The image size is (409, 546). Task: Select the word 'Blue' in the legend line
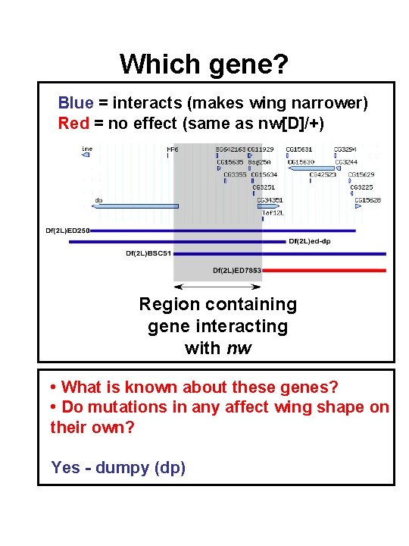[75, 102]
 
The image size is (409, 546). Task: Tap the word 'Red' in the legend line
[73, 123]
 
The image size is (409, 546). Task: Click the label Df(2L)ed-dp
[311, 242]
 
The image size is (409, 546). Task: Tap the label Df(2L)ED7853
[236, 270]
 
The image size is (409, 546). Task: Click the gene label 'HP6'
[173, 150]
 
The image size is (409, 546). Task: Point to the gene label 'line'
[87, 149]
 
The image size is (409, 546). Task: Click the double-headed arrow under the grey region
[217, 287]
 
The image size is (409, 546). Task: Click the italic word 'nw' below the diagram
[240, 348]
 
